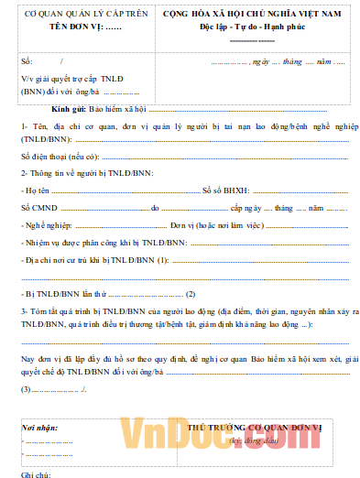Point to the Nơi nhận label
pyautogui.click(x=40, y=428)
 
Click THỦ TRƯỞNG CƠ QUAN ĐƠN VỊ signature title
pyautogui.click(x=255, y=428)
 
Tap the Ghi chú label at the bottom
pyautogui.click(x=34, y=473)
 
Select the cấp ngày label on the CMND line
pyautogui.click(x=249, y=208)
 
